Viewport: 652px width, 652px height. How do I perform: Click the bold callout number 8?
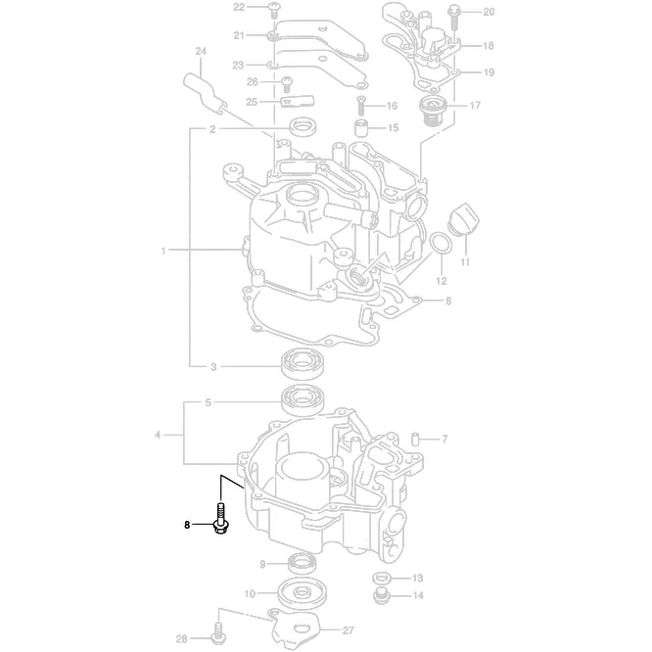187,525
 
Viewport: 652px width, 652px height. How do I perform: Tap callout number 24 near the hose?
200,51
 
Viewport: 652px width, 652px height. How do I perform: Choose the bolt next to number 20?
456,13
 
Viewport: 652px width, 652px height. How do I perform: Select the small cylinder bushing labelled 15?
363,128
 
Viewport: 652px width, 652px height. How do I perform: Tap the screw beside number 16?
361,105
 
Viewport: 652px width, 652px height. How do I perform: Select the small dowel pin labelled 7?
414,439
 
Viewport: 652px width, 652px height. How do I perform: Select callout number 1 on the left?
163,251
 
